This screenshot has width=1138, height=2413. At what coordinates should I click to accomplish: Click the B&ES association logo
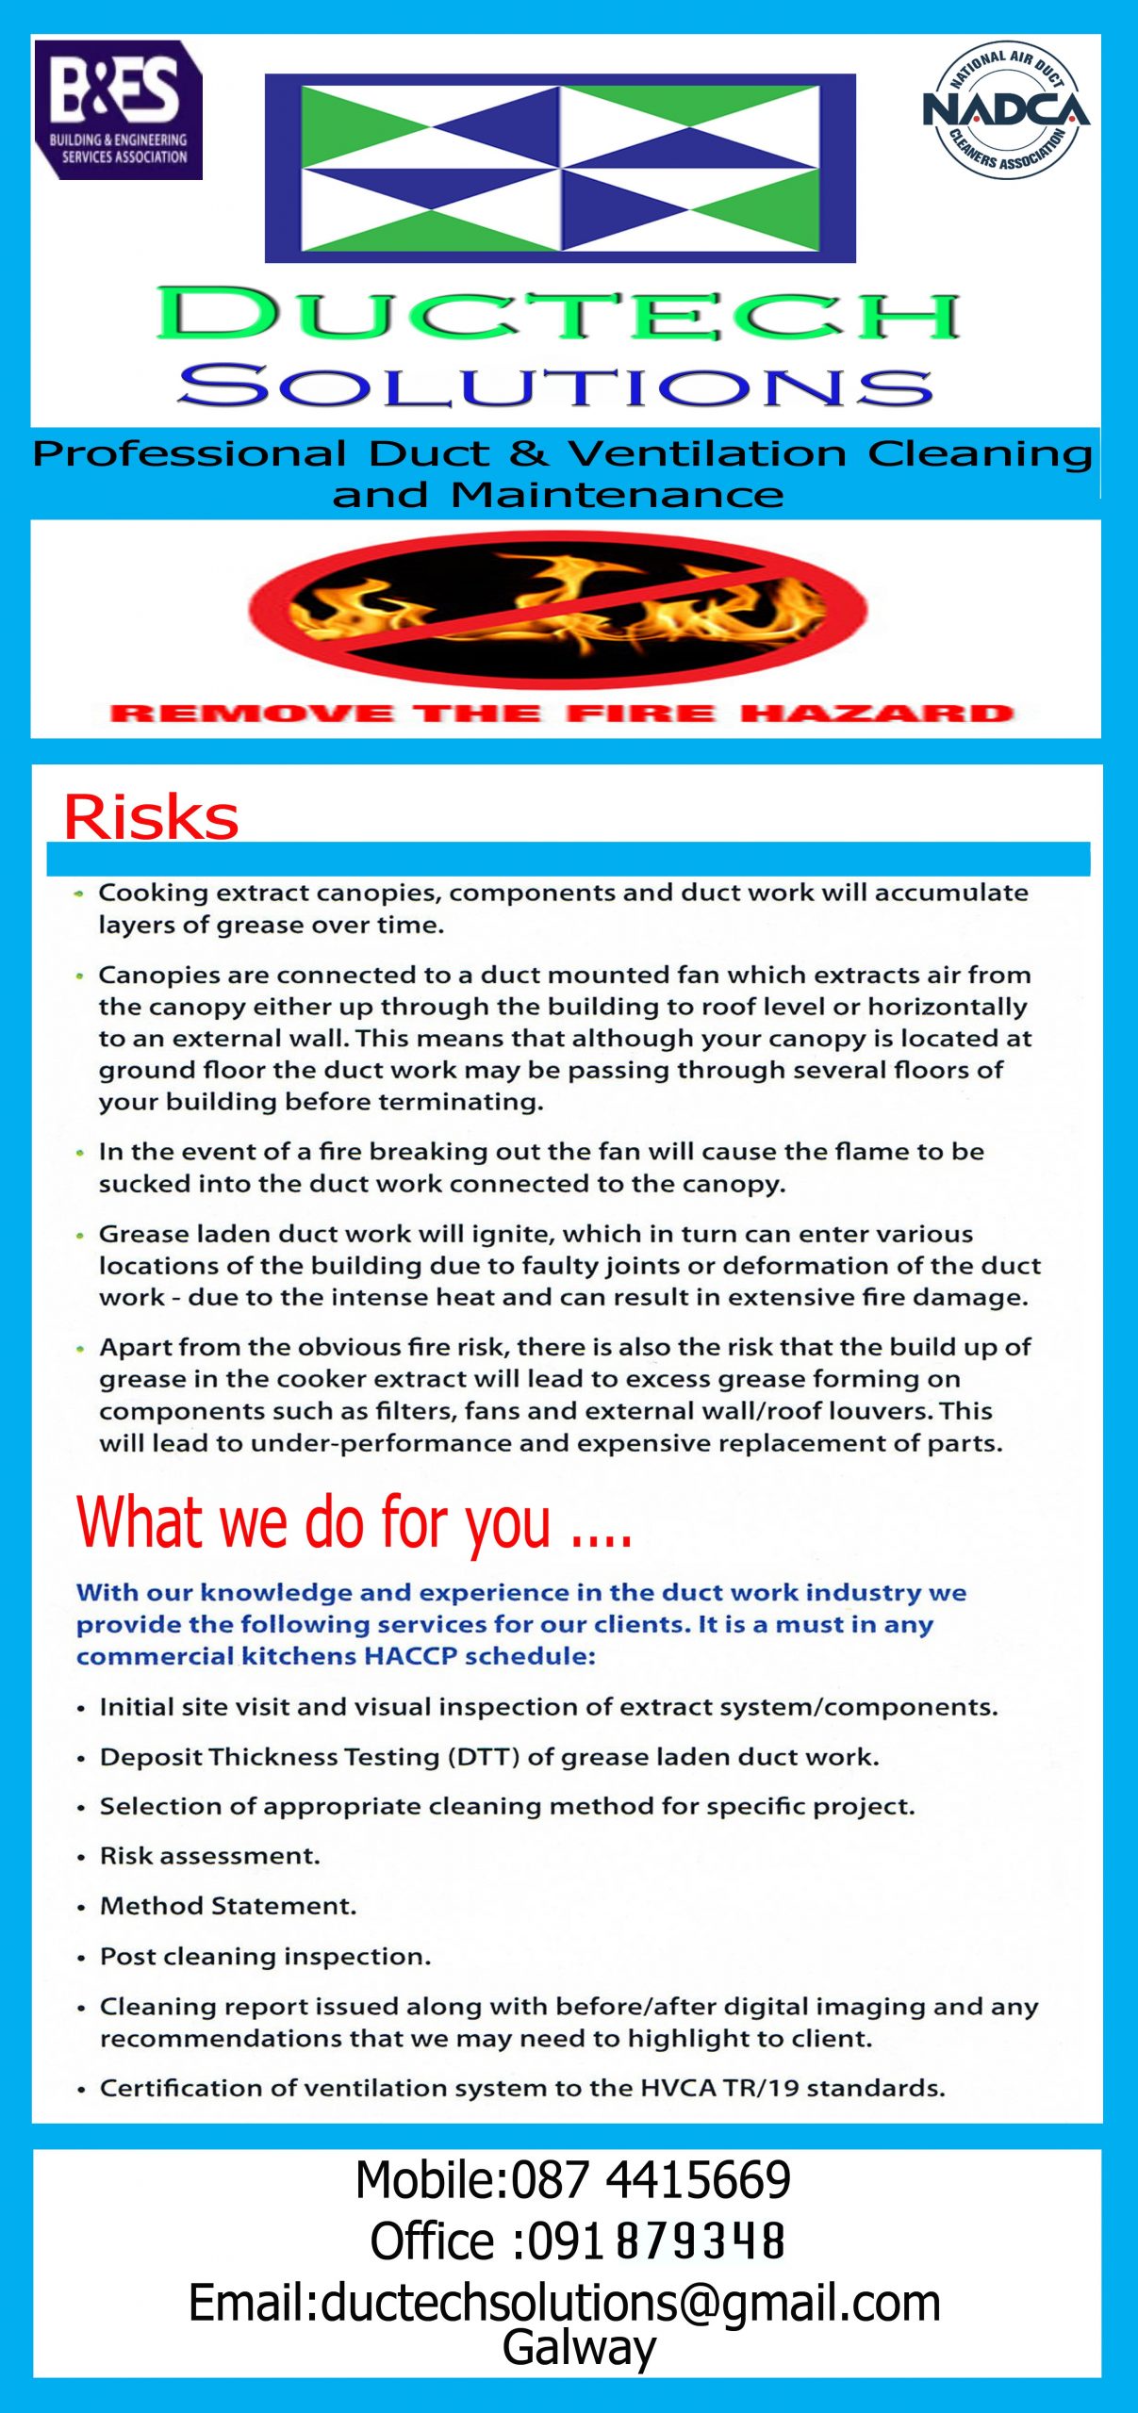[118, 109]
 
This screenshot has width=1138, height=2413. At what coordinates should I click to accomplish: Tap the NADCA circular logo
[1006, 110]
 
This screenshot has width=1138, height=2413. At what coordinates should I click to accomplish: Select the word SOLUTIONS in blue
[556, 386]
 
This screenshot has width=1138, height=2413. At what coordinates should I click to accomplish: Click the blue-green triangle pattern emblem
[560, 168]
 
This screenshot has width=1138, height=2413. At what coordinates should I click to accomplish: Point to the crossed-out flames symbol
[558, 609]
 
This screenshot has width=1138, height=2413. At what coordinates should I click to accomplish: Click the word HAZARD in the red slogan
[878, 713]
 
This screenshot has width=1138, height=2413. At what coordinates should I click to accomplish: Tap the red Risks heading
[151, 816]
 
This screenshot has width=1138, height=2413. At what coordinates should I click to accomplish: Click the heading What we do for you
[354, 1522]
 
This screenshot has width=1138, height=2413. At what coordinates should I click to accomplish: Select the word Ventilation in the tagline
[706, 453]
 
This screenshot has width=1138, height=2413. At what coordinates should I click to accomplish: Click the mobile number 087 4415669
[651, 2180]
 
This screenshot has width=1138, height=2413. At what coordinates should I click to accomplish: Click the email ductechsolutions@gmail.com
[630, 2302]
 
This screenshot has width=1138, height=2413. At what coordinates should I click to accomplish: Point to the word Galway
[579, 2346]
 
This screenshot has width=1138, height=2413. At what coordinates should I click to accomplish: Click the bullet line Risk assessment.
[210, 1855]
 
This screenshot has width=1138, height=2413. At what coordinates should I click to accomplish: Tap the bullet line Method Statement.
[228, 1905]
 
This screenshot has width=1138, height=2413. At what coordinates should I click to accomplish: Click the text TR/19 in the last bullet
[761, 2088]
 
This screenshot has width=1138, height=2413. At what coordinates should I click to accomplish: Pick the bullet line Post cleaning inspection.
[265, 1956]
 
